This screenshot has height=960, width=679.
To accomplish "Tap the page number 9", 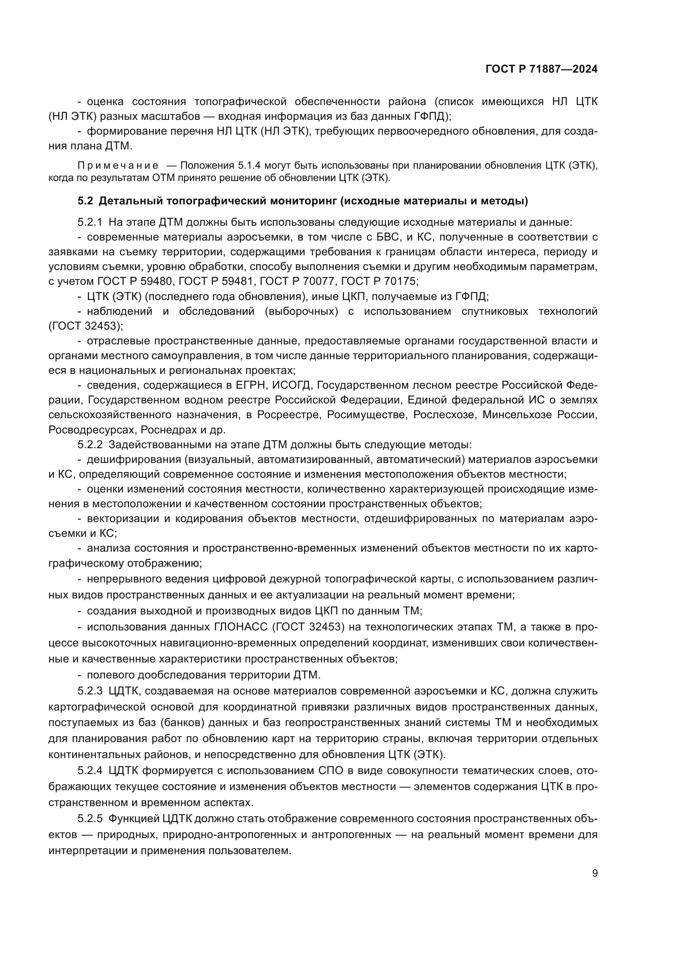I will [595, 873].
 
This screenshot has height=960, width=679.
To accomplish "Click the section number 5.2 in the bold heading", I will [85, 201].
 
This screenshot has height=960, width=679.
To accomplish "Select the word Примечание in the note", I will [118, 165].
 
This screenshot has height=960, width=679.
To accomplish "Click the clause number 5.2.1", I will [90, 222].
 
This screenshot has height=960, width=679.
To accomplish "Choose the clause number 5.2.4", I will [90, 770].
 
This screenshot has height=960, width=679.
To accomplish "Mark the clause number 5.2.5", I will [90, 818].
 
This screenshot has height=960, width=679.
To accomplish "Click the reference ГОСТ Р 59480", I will [137, 282].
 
